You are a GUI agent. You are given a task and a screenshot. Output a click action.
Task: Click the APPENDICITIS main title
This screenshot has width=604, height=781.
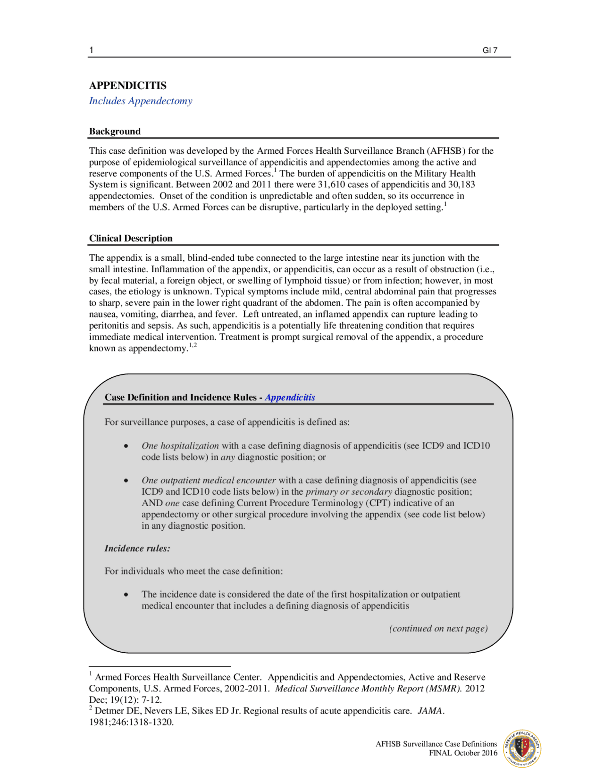pos(127,85)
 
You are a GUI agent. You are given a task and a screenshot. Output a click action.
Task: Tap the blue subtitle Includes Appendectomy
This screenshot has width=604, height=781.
pos(141,101)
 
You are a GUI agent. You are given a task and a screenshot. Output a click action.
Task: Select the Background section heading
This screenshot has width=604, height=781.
pos(115,132)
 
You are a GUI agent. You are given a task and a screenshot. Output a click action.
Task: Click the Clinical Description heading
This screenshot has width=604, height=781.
pos(131,238)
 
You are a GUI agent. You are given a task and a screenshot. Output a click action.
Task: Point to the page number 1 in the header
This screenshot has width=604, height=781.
pos(92,50)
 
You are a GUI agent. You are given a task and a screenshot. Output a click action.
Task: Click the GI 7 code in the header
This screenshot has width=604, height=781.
pos(490,50)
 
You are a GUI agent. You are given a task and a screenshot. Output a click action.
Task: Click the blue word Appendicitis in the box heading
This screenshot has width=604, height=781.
pos(290,397)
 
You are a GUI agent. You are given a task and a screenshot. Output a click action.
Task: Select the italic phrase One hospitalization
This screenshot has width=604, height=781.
pos(180,446)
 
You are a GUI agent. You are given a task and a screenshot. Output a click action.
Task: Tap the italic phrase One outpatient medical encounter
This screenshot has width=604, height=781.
pos(209,480)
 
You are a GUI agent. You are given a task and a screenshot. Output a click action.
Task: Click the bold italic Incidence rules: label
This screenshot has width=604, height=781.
pos(137,548)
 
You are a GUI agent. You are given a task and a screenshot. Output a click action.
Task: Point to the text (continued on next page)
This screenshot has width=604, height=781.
pos(438,628)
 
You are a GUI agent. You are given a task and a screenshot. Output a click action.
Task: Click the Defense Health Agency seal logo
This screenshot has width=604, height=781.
pos(522,748)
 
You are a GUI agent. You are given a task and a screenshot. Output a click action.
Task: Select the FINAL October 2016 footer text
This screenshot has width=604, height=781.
pos(463,753)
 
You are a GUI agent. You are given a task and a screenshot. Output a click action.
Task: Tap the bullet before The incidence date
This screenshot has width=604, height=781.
pos(126,594)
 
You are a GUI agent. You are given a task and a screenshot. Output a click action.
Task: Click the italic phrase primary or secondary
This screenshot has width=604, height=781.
pos(349,491)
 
